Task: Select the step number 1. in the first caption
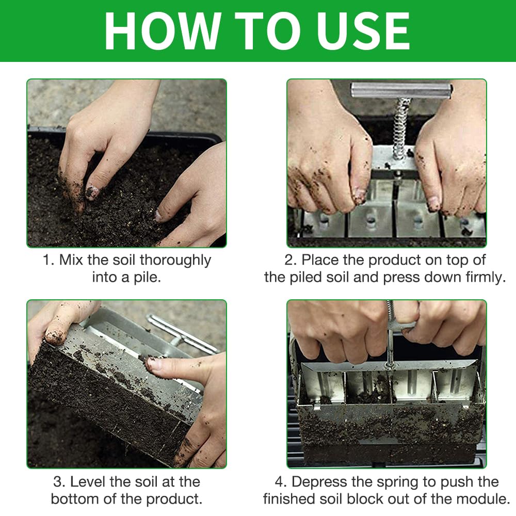[x=49, y=260]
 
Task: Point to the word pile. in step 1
[x=147, y=278]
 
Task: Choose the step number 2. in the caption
[x=291, y=260]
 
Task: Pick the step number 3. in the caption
[x=59, y=482]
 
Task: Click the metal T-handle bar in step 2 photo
[x=401, y=90]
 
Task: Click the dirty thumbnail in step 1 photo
[x=92, y=191]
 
